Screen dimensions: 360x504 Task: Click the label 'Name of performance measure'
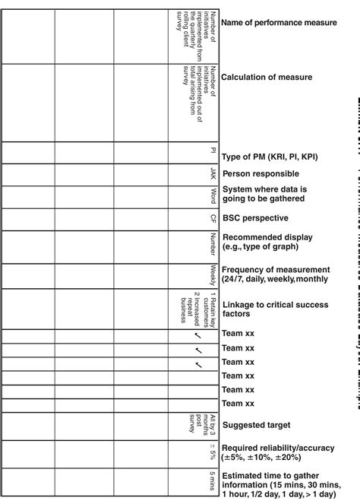[279, 23]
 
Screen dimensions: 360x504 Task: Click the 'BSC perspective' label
[254, 217]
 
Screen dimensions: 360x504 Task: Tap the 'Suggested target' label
[255, 425]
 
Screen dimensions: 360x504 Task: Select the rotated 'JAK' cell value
[214, 174]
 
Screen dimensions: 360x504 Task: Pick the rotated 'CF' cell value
[214, 218]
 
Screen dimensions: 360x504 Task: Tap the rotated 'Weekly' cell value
[214, 274]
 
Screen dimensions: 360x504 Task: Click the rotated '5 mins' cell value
[214, 482]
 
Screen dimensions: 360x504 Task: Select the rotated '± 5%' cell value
[214, 453]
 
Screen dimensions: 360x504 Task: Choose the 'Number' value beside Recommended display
[214, 242]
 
